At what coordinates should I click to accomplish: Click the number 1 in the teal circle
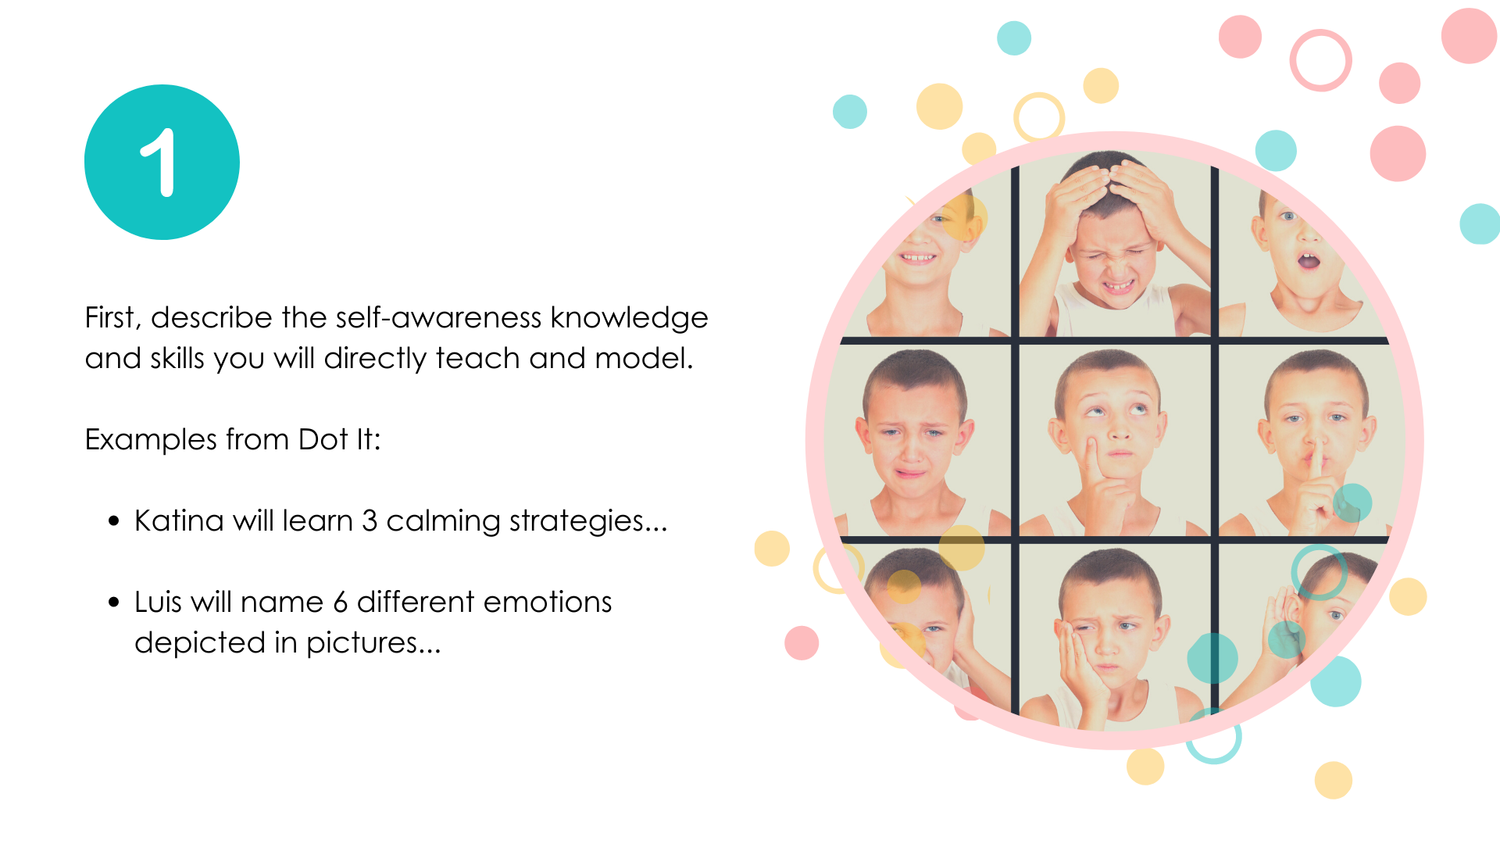pos(159,163)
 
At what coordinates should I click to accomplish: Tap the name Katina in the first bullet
pos(179,520)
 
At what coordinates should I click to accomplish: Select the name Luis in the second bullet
pos(158,602)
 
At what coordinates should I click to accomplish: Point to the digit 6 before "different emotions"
pos(340,602)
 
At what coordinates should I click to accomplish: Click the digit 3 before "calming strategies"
pos(370,520)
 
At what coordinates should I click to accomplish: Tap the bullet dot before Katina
pos(114,521)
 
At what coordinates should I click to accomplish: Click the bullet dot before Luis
pos(114,603)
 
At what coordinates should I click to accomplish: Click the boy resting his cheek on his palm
pos(1109,637)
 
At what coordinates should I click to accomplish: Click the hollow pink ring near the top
pos(1320,60)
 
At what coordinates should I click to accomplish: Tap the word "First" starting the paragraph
pos(110,318)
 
